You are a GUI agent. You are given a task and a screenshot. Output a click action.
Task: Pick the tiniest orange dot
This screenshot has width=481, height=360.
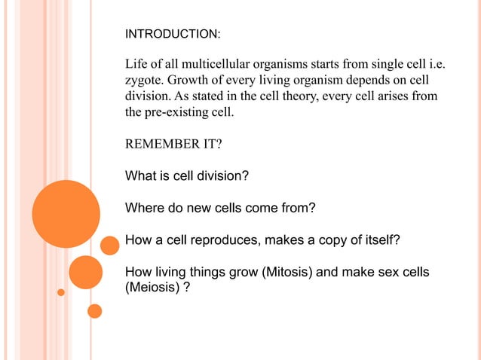[x=62, y=291]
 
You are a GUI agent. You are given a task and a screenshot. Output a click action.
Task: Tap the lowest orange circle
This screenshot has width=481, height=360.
[x=95, y=310]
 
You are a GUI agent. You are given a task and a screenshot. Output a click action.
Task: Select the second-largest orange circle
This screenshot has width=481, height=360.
[x=86, y=272]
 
